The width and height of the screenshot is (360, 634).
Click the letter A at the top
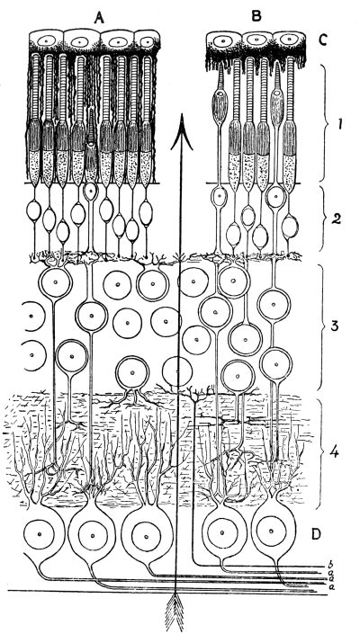pos(98,17)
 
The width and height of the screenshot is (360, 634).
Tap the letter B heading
pos(256,16)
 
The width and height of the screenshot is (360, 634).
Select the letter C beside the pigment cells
pos(323,40)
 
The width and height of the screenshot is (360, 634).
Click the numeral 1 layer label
pos(340,124)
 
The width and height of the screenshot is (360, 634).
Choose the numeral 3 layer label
pos(335,325)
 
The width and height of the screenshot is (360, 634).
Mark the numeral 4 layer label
pos(336,451)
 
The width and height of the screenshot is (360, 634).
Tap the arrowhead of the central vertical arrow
pos(181,131)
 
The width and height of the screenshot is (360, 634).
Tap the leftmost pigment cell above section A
pos(47,41)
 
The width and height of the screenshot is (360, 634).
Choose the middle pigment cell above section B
pos(256,41)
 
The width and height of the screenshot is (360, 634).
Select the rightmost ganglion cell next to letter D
pos(272,531)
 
